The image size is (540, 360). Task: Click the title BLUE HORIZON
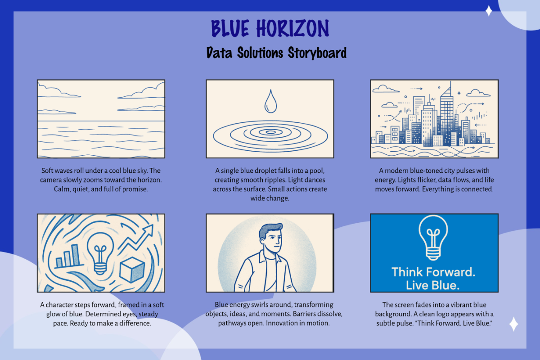click(x=270, y=28)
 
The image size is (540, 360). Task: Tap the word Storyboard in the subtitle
click(x=317, y=53)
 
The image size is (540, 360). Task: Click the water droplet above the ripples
click(x=270, y=101)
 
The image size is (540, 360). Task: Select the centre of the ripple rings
click(x=270, y=132)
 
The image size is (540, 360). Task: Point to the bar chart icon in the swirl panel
click(x=68, y=256)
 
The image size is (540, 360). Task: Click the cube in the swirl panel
click(x=132, y=270)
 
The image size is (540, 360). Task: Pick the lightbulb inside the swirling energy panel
click(x=100, y=253)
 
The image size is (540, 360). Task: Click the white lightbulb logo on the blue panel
click(x=433, y=238)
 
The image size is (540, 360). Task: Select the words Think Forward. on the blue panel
click(x=433, y=272)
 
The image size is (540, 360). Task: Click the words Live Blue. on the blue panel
click(x=433, y=285)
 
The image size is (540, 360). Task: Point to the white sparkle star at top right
click(x=489, y=11)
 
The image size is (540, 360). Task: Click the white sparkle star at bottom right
click(x=513, y=324)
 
